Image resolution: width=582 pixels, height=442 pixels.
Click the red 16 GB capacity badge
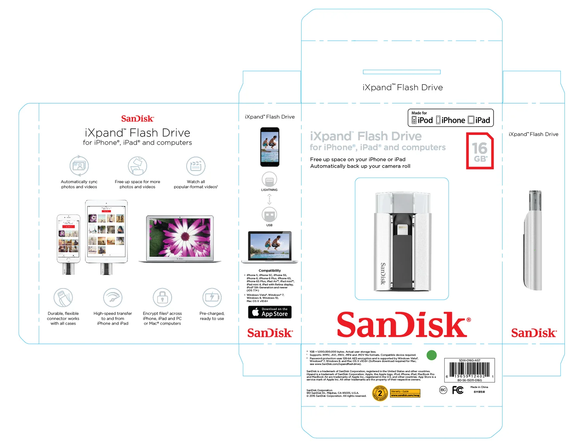tap(480, 151)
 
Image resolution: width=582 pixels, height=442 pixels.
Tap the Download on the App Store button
tap(270, 312)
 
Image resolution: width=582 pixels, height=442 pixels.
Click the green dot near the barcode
tap(431, 355)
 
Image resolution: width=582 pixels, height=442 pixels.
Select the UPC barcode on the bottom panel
tap(469, 371)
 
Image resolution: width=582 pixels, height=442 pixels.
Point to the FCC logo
tap(458, 390)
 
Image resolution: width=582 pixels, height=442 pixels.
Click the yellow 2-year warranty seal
tap(380, 393)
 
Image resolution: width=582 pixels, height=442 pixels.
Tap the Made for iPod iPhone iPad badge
tap(450, 118)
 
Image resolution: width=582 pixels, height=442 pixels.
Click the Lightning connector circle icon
tap(269, 180)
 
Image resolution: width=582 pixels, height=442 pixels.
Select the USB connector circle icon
tap(269, 214)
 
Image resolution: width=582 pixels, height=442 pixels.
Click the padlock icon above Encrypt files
tap(162, 297)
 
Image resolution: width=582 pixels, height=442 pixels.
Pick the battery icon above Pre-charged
tap(212, 297)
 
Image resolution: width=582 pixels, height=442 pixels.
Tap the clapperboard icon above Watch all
tap(196, 166)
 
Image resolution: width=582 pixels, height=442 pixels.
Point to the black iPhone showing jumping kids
tap(270, 147)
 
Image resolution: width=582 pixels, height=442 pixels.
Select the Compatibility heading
tap(270, 271)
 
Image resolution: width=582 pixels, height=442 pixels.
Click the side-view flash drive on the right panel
tap(533, 240)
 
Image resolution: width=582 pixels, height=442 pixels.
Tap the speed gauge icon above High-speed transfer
tap(113, 297)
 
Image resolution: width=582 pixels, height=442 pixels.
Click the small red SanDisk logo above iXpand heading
tap(137, 119)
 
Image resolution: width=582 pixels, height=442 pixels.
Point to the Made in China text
tap(479, 387)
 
